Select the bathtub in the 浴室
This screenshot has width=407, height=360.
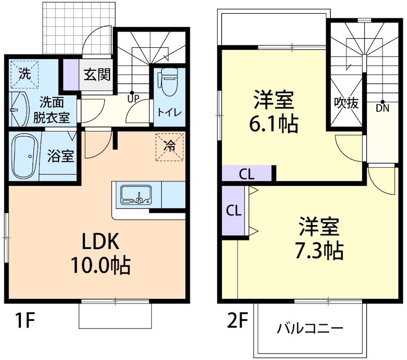coord(24,154)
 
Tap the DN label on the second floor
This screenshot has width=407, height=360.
coord(382,107)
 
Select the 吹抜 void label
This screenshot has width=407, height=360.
coord(346,103)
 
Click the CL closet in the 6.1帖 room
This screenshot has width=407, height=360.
coord(247,174)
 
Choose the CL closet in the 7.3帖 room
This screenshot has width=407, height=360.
coord(233,210)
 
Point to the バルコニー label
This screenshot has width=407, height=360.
coord(310,327)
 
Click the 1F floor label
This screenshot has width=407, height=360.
coord(23,321)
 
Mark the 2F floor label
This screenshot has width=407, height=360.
coord(237,321)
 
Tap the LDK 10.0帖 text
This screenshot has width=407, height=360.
coord(100,253)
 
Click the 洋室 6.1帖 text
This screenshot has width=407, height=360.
coord(274,111)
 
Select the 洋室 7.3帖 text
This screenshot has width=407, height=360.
coord(319,238)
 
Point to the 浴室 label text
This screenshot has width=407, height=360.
coord(61,156)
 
